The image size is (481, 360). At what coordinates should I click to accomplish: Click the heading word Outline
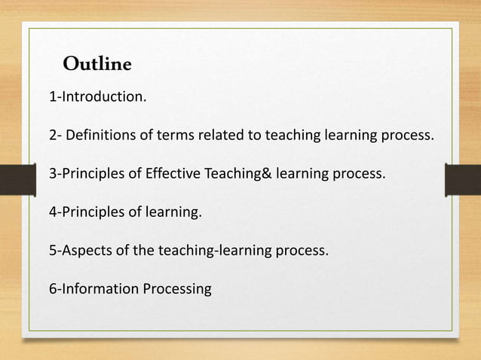click(97, 64)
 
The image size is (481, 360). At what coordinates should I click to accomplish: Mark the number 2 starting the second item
click(53, 136)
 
